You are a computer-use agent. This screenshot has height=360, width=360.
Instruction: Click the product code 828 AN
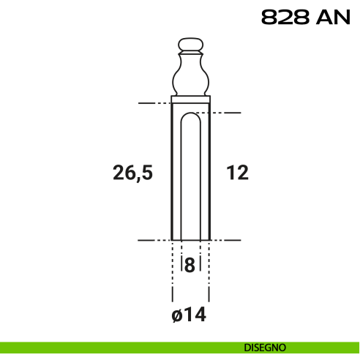click(x=306, y=17)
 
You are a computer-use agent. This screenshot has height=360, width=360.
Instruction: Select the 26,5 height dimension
click(x=132, y=173)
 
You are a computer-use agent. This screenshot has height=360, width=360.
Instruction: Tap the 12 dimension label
click(x=237, y=172)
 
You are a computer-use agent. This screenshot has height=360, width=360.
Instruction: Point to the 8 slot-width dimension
click(x=190, y=265)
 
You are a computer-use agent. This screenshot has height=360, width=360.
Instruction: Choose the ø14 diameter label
click(x=189, y=315)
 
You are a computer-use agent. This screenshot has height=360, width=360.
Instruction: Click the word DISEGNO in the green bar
click(x=265, y=348)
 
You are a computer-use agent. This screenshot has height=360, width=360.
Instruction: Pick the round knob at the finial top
click(x=190, y=45)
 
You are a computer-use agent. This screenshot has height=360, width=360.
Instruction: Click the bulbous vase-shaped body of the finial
click(x=190, y=75)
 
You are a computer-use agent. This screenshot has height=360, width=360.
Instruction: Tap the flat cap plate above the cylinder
click(x=190, y=100)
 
